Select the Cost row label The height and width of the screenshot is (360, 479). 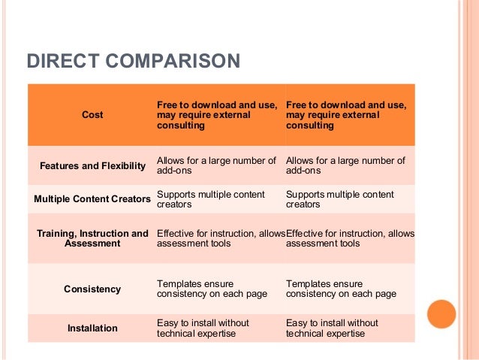92,115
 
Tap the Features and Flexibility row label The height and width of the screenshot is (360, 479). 92,165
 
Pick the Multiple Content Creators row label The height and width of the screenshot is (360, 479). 92,199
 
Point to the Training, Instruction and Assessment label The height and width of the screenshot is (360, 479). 92,238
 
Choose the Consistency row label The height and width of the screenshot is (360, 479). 92,289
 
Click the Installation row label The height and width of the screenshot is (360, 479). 92,328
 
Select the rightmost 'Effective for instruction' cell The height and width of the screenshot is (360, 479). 350,238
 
